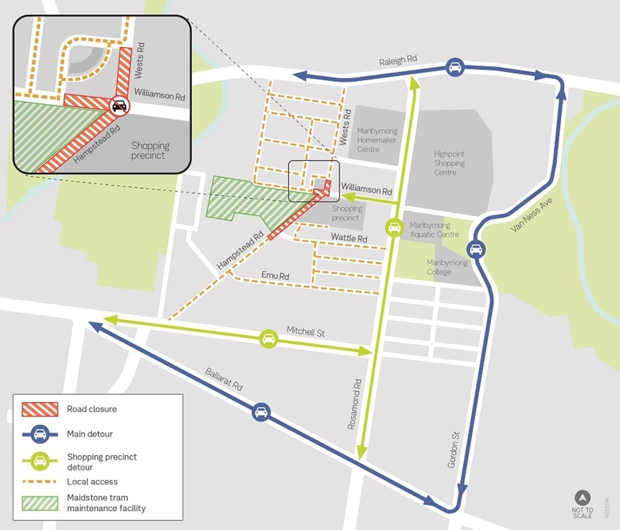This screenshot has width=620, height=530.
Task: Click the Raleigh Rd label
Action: pyautogui.click(x=398, y=61)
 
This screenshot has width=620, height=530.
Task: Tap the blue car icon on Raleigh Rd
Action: pyautogui.click(x=455, y=68)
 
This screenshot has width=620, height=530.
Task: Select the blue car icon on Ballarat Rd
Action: pyautogui.click(x=261, y=412)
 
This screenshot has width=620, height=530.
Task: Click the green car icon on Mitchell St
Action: pyautogui.click(x=269, y=339)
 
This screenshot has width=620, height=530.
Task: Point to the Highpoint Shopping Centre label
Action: pyautogui.click(x=449, y=163)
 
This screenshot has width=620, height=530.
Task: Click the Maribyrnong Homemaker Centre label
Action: pyautogui.click(x=377, y=140)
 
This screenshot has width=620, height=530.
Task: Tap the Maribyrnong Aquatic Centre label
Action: pyautogui.click(x=434, y=230)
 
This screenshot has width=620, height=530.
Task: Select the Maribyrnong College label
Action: pyautogui.click(x=446, y=267)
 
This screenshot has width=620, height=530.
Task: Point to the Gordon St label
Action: pyautogui.click(x=453, y=450)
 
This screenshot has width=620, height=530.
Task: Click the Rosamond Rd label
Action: pyautogui.click(x=354, y=404)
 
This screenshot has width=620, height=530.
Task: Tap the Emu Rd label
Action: pyautogui.click(x=275, y=276)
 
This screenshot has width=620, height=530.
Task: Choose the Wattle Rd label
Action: pyautogui.click(x=349, y=237)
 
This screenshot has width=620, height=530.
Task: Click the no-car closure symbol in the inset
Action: pyautogui.click(x=119, y=106)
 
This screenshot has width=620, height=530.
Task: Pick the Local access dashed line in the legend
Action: pyautogui.click(x=40, y=482)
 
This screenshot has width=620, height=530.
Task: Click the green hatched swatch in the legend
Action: pyautogui.click(x=40, y=503)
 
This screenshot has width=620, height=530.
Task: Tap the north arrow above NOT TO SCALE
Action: pyautogui.click(x=582, y=498)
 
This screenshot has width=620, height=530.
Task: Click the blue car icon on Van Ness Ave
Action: pyautogui.click(x=476, y=249)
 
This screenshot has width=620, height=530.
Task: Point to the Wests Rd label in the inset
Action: pyautogui.click(x=139, y=60)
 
